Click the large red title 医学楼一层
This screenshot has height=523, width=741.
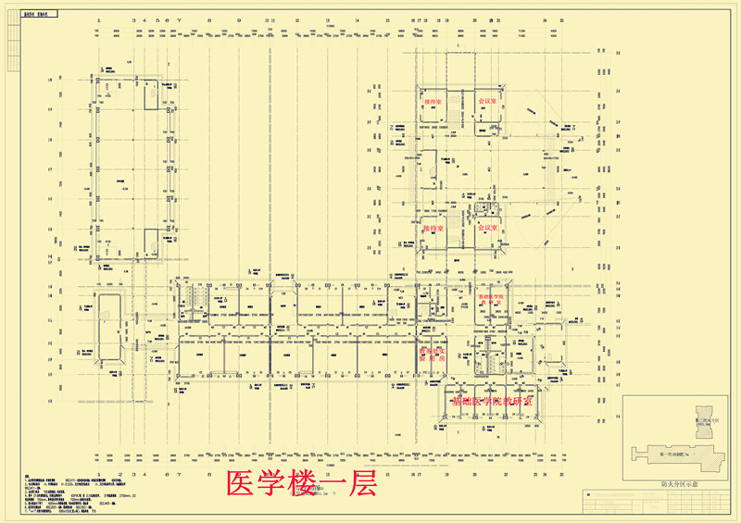click(x=301, y=484)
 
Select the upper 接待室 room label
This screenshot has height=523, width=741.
click(x=432, y=100)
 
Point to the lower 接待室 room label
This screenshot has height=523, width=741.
click(x=433, y=228)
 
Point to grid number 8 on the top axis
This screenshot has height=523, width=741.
click(x=210, y=19)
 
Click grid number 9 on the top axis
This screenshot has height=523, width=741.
click(x=240, y=19)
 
